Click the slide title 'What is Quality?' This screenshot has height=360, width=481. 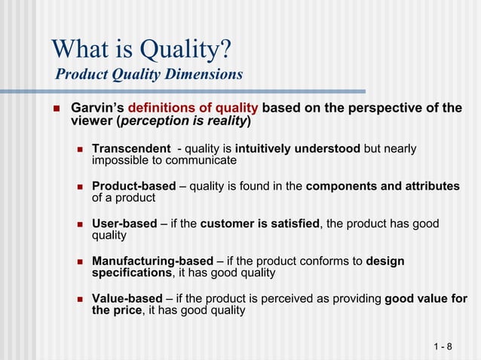tap(141, 50)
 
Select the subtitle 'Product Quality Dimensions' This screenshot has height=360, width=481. tap(149, 75)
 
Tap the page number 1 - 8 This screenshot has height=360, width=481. tap(443, 346)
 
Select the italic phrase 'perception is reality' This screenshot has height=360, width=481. tap(184, 121)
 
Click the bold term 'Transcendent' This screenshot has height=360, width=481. tap(130, 148)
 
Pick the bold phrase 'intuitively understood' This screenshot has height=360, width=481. tap(297, 148)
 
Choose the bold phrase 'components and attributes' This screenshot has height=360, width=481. tap(382, 186)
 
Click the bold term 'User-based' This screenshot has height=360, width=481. tap(124, 224)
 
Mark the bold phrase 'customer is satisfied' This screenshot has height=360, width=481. tap(260, 224)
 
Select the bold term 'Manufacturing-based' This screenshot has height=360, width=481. tap(152, 261)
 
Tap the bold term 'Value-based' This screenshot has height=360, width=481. tap(127, 299)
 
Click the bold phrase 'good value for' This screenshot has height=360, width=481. tap(426, 299)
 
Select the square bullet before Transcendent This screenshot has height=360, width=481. tap(81, 149)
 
